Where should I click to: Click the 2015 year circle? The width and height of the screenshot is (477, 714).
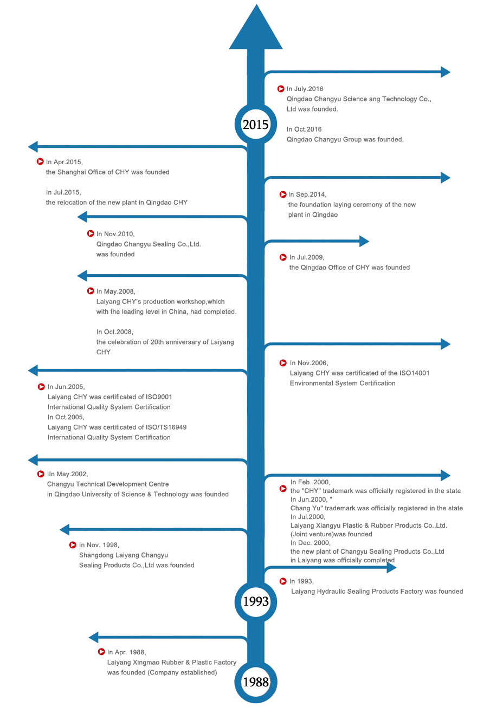point(255,125)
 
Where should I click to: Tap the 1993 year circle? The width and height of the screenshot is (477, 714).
point(255,601)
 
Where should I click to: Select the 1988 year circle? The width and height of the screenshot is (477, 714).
point(255,682)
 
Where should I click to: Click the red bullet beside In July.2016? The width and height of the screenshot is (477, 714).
point(281,89)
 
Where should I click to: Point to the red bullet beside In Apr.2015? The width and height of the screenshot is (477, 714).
point(40,161)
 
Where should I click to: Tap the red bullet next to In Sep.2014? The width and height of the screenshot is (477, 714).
point(283,194)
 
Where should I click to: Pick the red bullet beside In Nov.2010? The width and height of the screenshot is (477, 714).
point(91,233)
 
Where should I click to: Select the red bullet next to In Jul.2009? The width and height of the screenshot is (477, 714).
point(283,257)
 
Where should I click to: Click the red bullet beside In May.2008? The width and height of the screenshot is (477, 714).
point(91,291)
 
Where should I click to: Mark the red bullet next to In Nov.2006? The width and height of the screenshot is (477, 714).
point(283,363)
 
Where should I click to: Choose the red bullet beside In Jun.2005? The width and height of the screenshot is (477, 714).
point(41,387)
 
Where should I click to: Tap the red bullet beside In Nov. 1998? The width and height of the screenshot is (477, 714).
point(73,545)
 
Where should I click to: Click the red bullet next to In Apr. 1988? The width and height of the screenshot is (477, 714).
point(101,652)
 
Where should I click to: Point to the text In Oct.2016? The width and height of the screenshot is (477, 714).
point(304,129)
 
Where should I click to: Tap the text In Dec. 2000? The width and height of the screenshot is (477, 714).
point(310,543)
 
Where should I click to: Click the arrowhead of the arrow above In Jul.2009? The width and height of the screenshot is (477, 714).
point(363,241)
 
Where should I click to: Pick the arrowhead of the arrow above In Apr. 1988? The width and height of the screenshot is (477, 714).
point(94,637)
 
